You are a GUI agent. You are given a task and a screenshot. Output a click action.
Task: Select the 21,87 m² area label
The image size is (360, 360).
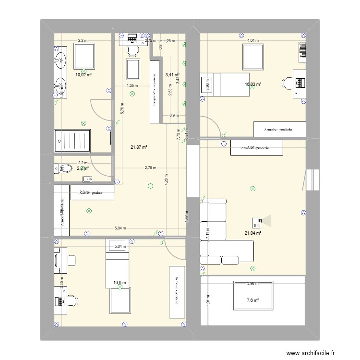pos(139,147)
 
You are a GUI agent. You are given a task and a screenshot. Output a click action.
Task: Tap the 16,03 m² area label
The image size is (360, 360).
pos(253,84)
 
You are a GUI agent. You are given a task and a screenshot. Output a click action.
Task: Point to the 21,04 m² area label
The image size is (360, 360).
pos(253,233)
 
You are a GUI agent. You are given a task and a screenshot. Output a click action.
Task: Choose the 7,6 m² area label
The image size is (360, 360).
pos(253,300)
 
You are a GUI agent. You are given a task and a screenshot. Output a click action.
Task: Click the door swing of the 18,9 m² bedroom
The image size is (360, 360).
pos(174,250)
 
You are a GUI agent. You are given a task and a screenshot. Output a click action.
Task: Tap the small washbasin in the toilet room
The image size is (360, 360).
pos(87,179)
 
